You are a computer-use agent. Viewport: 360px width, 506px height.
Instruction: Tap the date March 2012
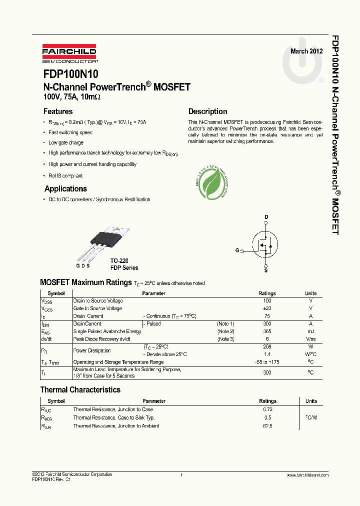pos(306,51)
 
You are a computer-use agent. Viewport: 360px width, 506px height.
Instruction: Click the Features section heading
pos(58,111)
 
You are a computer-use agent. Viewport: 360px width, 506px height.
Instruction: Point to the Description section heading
pos(207,111)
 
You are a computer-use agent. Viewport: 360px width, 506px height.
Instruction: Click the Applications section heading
pos(65,188)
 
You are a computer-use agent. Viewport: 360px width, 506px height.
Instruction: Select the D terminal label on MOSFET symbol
pos(266,217)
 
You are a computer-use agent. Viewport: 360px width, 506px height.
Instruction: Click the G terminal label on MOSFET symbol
pos(237,250)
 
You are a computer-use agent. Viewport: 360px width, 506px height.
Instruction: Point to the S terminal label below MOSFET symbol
pos(266,270)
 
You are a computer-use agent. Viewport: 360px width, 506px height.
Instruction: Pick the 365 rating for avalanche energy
pos(267,331)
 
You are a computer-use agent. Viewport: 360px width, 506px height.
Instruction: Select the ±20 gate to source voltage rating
pos(267,308)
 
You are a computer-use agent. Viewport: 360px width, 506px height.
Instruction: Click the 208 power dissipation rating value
pos(267,346)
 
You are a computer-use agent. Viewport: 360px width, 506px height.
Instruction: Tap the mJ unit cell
pos(310,331)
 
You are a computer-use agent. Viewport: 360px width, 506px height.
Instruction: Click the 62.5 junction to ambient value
pos(267,425)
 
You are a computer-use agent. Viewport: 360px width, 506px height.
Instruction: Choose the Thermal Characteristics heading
pos(80,389)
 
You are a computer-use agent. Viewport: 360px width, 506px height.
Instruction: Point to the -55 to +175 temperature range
pos(267,361)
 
